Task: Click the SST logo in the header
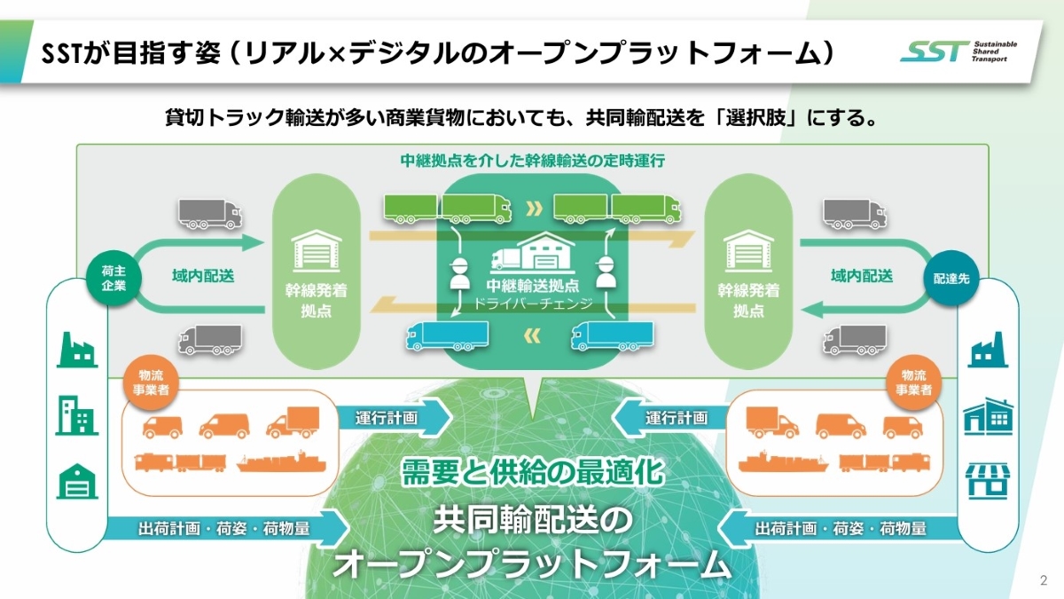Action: [958, 51]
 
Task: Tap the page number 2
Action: [1043, 580]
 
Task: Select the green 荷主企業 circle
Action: [113, 277]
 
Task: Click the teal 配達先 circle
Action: [950, 277]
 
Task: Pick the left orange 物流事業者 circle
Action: [147, 379]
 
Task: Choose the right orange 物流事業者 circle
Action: [913, 379]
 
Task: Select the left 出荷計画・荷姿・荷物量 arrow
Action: [226, 529]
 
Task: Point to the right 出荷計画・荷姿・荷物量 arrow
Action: [837, 529]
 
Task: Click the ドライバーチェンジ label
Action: [532, 303]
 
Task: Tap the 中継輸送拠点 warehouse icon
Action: [531, 256]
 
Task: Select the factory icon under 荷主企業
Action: [77, 350]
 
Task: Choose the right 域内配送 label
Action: [861, 276]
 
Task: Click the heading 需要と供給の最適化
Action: [533, 470]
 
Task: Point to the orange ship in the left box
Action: [281, 463]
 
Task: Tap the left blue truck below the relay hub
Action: [447, 335]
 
